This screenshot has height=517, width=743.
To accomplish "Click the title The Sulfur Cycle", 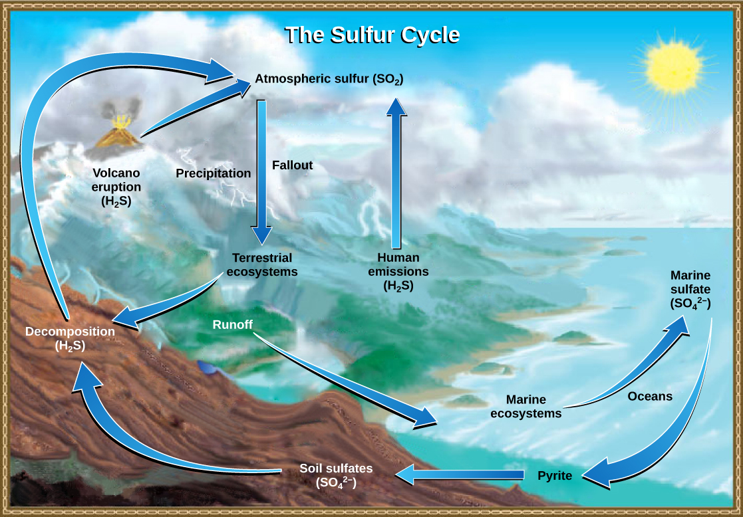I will click(x=372, y=35).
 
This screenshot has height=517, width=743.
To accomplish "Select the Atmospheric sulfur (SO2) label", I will click(x=329, y=80).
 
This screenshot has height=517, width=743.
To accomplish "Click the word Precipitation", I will click(x=213, y=173).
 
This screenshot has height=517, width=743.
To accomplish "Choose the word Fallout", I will click(x=292, y=165).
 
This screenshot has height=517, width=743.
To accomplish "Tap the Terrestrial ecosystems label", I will click(x=262, y=264).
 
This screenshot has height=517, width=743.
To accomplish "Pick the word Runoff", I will click(x=233, y=325).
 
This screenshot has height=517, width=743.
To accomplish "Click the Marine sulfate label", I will click(x=690, y=289).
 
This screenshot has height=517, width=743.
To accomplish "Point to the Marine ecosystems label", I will click(x=525, y=406).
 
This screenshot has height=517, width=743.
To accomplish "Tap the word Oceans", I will click(x=650, y=396).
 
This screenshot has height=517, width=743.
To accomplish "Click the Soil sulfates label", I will click(x=336, y=475).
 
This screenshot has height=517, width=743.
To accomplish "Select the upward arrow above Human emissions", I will click(x=397, y=173).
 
